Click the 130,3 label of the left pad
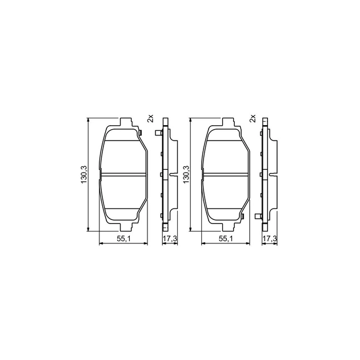[83, 174]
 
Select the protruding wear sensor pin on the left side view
[157, 134]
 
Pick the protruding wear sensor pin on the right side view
[259, 215]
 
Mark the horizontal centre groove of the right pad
[226, 174]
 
